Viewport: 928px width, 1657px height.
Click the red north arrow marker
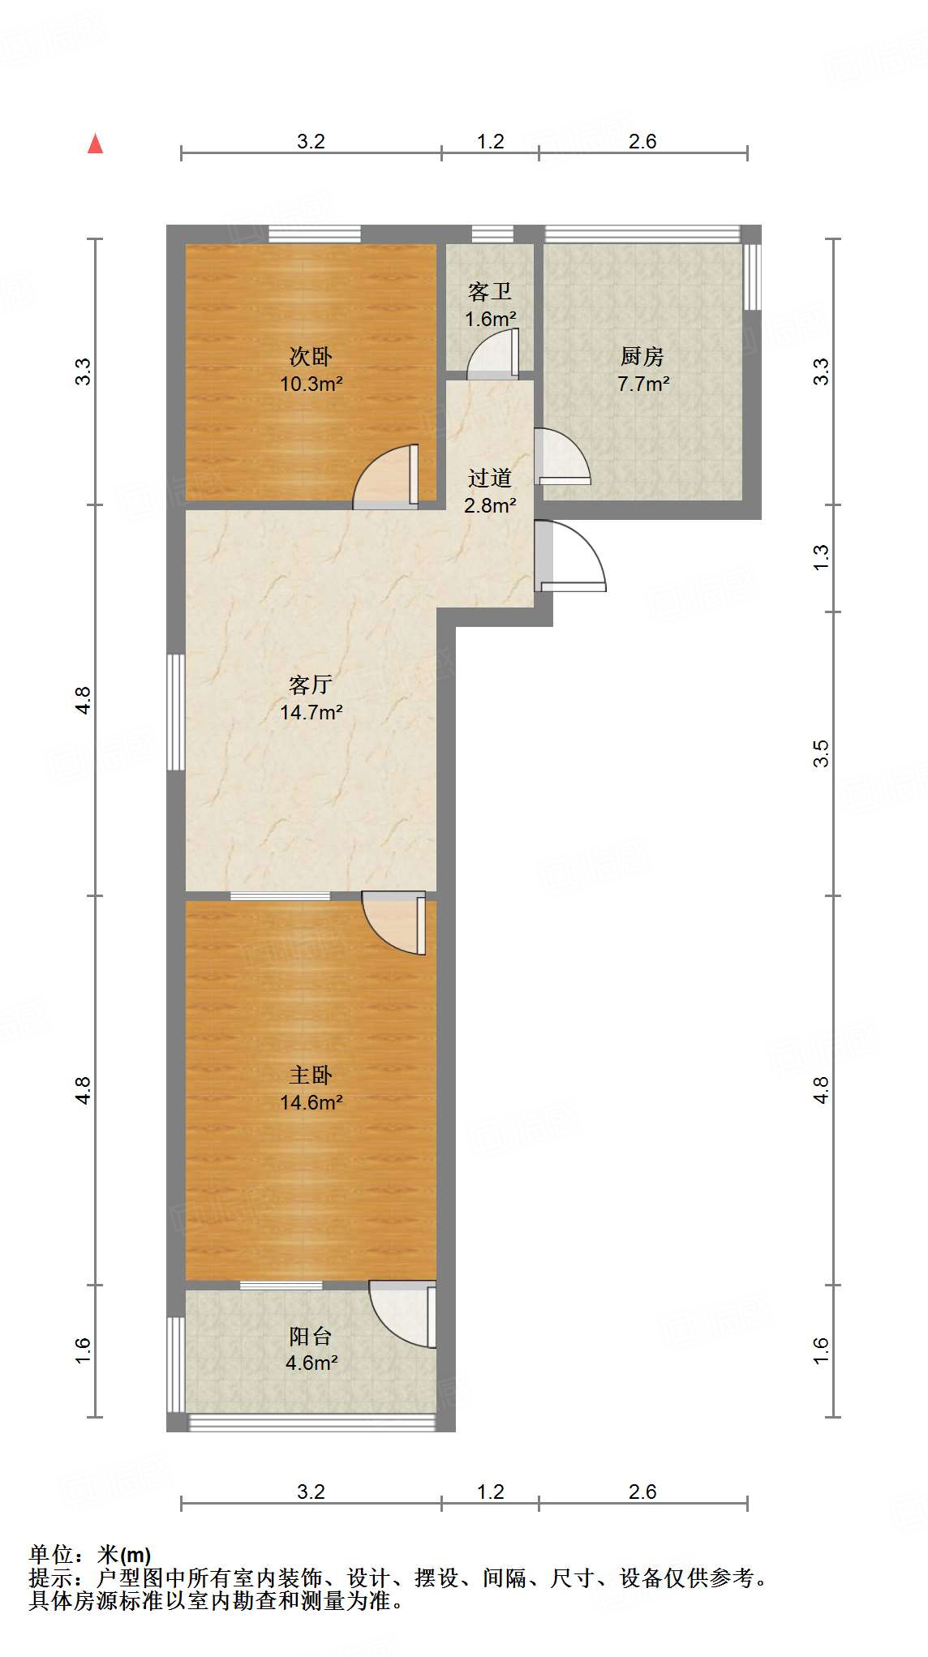pyautogui.click(x=96, y=144)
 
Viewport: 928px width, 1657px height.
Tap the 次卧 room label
pyautogui.click(x=311, y=356)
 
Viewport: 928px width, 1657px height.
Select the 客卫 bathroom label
pyautogui.click(x=490, y=292)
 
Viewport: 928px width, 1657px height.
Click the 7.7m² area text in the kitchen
pyautogui.click(x=643, y=384)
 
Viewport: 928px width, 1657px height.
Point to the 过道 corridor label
pyautogui.click(x=490, y=478)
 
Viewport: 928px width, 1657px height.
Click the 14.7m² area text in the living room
pyautogui.click(x=311, y=712)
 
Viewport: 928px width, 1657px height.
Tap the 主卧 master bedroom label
pyautogui.click(x=311, y=1075)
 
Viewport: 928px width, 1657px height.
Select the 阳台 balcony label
pyautogui.click(x=311, y=1335)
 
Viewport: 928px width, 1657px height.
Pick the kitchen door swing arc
pyautogui.click(x=565, y=456)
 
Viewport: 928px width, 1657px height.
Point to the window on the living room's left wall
pyautogui.click(x=175, y=712)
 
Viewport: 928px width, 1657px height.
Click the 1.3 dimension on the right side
pyautogui.click(x=821, y=556)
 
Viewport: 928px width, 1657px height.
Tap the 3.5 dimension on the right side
pyautogui.click(x=821, y=753)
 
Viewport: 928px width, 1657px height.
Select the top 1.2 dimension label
pyautogui.click(x=490, y=141)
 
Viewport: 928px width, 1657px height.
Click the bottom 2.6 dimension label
pyautogui.click(x=642, y=1492)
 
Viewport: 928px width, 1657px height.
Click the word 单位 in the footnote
pyautogui.click(x=51, y=1555)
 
